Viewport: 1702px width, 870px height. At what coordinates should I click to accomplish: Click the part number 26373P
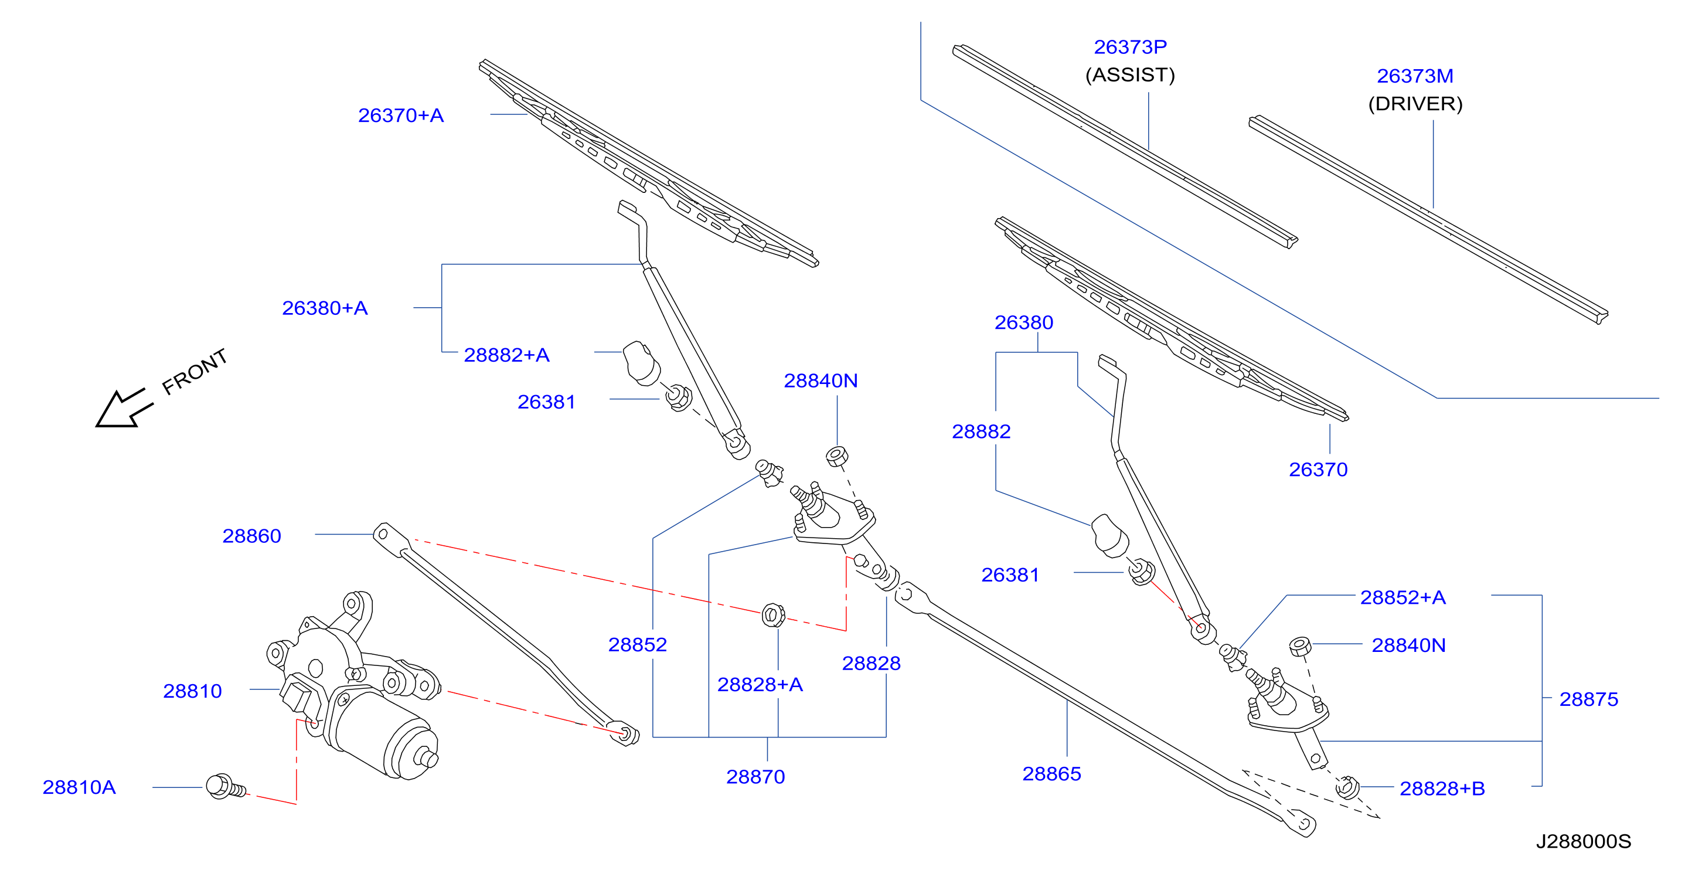pos(1130,47)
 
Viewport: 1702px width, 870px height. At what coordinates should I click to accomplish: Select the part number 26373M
pos(1415,76)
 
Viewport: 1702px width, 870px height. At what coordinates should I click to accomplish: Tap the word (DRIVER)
pos(1415,104)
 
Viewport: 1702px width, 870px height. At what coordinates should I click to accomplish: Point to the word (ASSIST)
pos(1130,74)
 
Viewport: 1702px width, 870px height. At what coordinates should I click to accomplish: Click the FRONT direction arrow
pos(124,409)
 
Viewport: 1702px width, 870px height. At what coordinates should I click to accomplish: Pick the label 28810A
pos(79,787)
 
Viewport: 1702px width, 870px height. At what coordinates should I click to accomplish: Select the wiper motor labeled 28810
pos(353,688)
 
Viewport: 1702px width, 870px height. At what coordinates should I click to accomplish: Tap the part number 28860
pos(252,536)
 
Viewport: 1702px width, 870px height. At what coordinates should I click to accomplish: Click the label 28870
pos(755,777)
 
